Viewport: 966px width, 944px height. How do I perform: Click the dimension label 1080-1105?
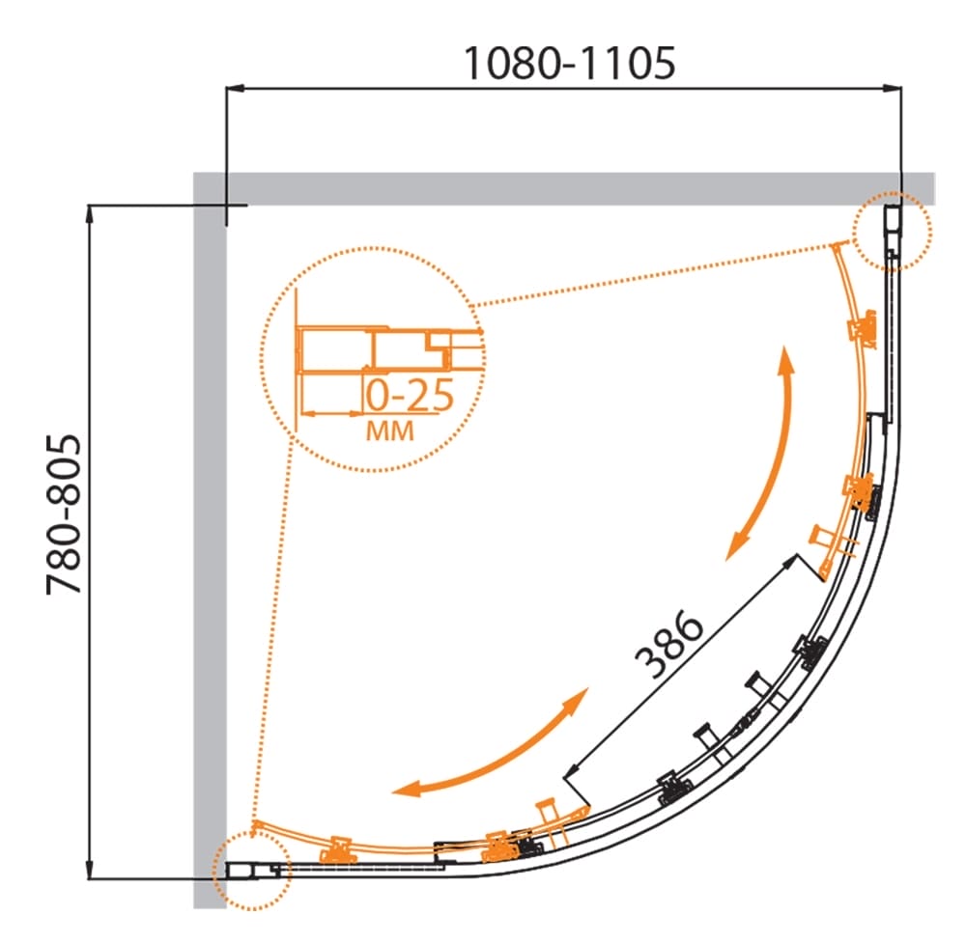click(569, 64)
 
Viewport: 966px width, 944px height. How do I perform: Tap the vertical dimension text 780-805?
click(64, 514)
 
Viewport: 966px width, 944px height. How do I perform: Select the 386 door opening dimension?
click(669, 644)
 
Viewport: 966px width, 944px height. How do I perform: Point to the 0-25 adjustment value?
click(410, 395)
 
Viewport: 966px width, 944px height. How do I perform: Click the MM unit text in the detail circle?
click(390, 430)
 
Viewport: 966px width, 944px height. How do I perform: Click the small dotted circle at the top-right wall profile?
click(892, 232)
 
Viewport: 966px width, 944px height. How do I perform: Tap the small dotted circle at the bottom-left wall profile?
click(251, 870)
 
